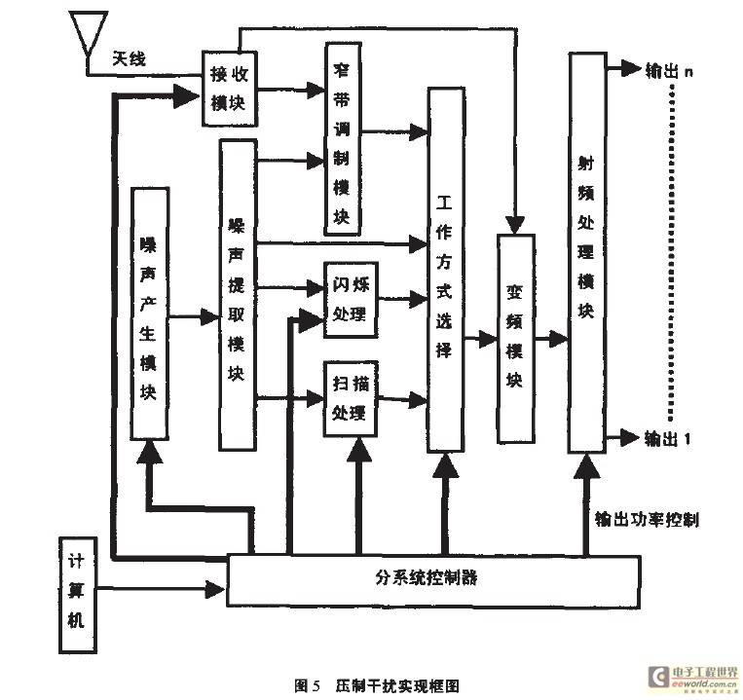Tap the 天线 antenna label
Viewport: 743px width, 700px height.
(x=129, y=59)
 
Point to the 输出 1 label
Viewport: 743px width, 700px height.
(x=668, y=438)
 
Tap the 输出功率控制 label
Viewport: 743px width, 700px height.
(x=647, y=519)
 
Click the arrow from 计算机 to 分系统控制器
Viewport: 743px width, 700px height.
(x=161, y=589)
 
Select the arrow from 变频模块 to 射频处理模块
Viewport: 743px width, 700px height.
(x=551, y=339)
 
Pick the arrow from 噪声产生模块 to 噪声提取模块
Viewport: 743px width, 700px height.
(x=194, y=316)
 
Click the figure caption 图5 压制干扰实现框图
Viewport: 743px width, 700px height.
(x=377, y=685)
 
